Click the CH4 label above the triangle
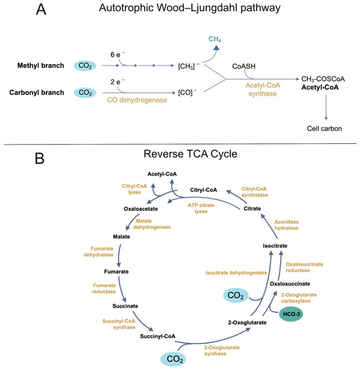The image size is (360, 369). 215,39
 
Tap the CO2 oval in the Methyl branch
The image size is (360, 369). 85,65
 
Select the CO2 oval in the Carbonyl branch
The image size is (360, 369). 85,93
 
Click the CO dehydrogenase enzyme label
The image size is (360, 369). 137,100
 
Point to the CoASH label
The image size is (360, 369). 243,66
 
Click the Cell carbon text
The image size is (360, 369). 324,128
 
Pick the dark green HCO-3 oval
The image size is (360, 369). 291,314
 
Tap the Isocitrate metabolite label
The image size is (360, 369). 275,246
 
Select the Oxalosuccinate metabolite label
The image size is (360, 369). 290,284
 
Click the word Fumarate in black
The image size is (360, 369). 117,272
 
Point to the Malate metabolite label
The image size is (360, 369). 121,236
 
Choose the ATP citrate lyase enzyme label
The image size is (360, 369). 201,208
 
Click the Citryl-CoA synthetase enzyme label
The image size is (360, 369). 255,192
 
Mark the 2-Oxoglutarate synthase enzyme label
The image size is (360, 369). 221,351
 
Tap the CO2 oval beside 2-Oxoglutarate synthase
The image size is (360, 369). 173,359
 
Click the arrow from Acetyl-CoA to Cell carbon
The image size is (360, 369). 326,107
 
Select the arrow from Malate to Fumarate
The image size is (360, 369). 120,255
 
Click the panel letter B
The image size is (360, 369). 39,158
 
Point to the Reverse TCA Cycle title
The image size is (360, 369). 190,154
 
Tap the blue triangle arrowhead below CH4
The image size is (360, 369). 217,48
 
